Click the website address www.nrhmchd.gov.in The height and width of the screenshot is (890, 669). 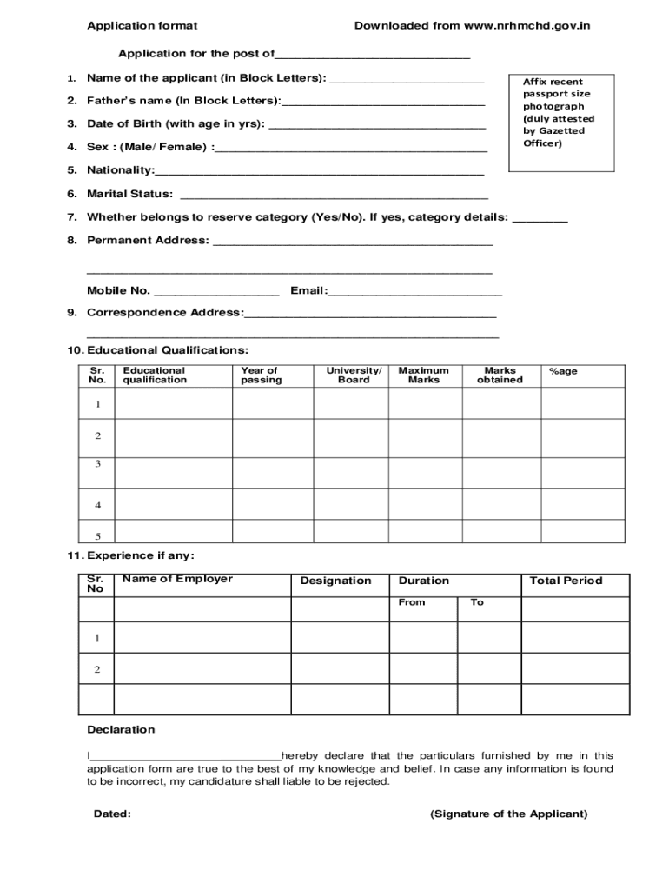click(x=527, y=26)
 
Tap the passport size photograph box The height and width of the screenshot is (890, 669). click(x=561, y=121)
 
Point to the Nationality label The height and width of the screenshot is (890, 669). click(x=121, y=169)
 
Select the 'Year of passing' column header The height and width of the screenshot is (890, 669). click(x=261, y=375)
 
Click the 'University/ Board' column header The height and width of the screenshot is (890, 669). click(x=354, y=375)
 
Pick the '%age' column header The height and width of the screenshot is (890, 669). click(x=563, y=372)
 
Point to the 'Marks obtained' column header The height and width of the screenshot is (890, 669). click(x=500, y=375)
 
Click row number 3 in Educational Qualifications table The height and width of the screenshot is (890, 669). click(x=98, y=464)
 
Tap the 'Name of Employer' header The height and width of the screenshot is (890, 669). click(x=177, y=579)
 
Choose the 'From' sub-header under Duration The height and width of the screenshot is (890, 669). click(x=412, y=602)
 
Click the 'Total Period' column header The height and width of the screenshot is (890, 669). click(x=566, y=581)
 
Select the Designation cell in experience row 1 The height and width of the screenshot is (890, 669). click(x=340, y=638)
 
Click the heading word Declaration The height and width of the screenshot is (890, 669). click(x=121, y=729)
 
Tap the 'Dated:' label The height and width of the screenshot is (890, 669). click(x=112, y=814)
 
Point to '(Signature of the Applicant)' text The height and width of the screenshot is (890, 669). click(x=508, y=814)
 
